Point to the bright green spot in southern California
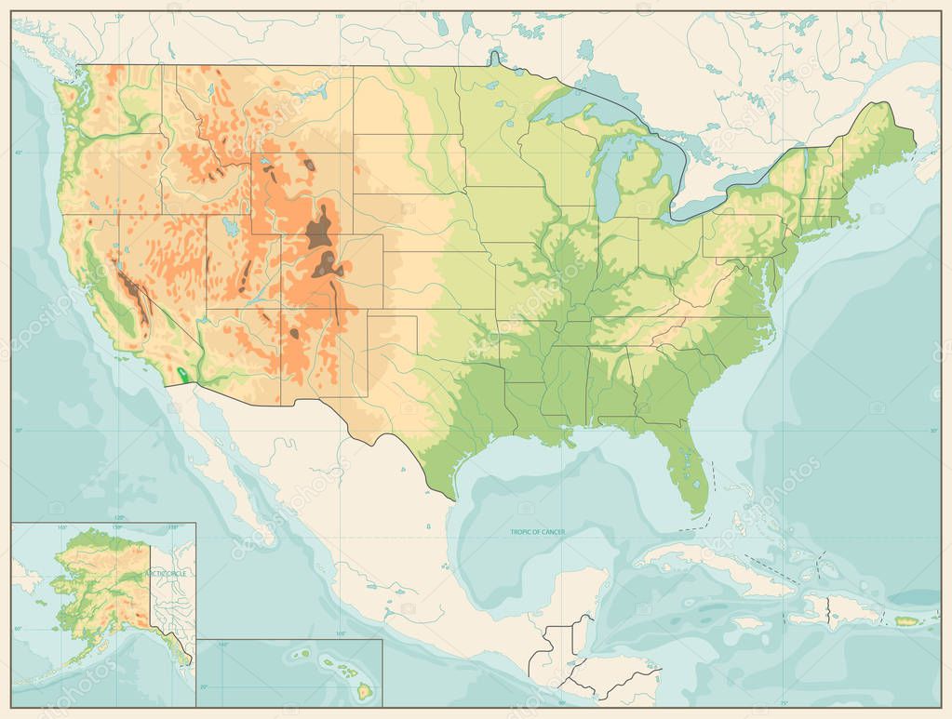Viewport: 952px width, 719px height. point(180,374)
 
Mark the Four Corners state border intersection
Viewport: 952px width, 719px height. point(281,309)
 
